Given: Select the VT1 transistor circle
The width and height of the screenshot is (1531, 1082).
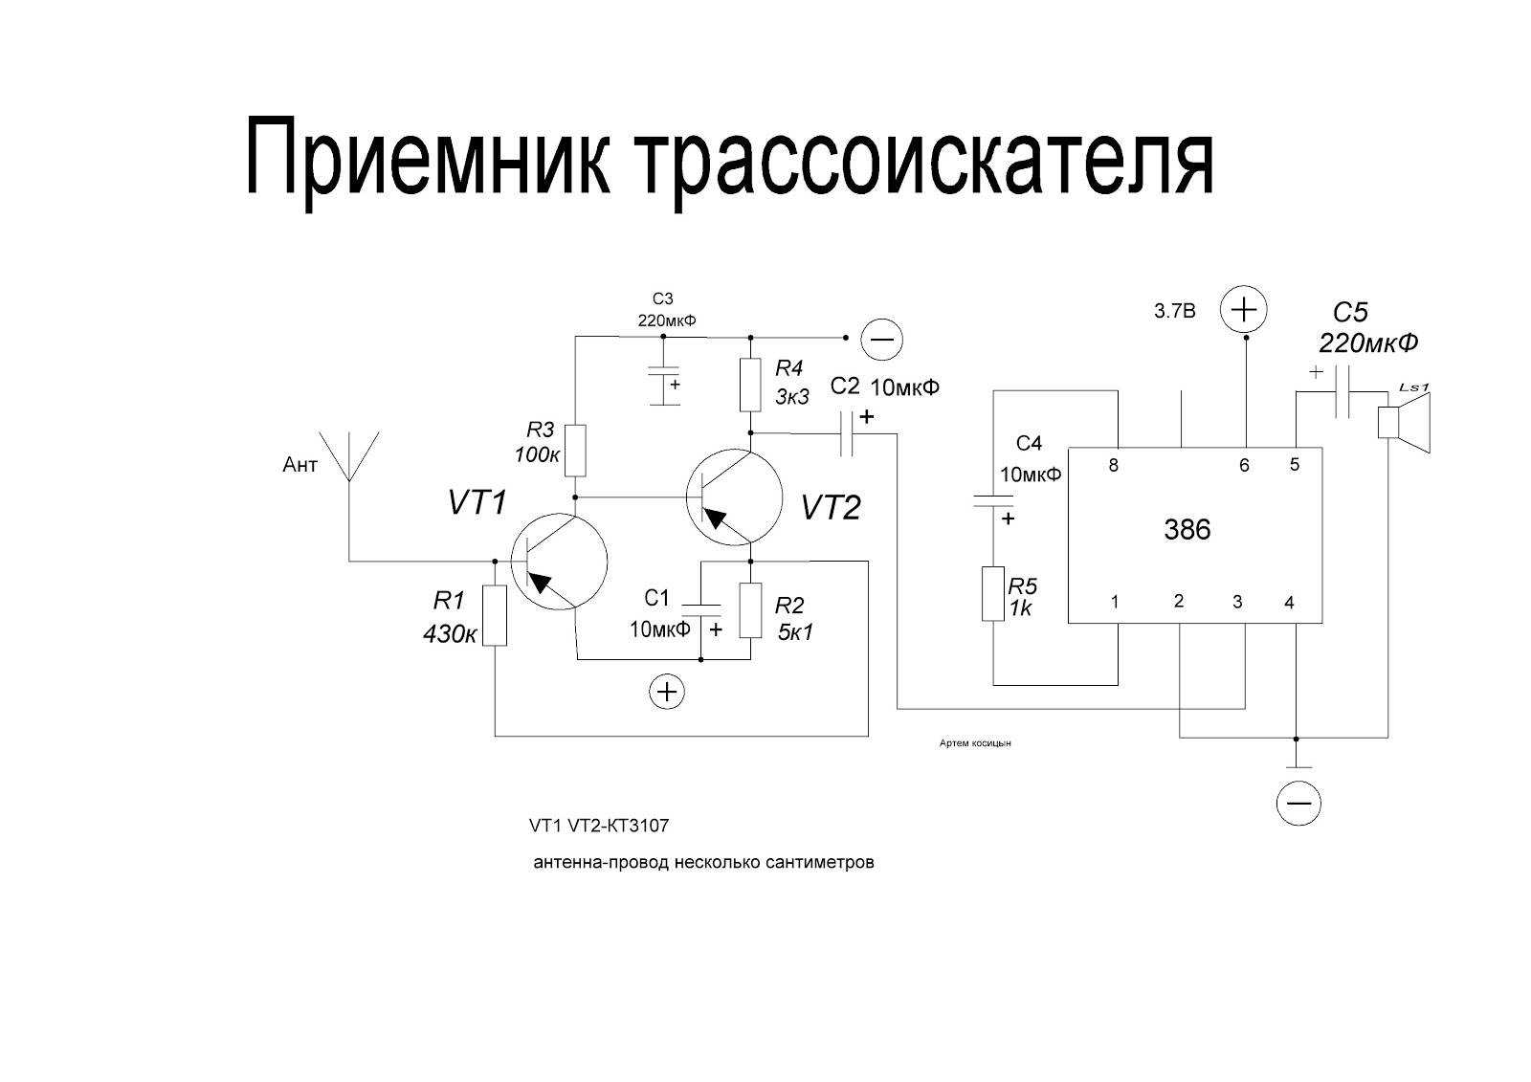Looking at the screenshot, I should (x=559, y=562).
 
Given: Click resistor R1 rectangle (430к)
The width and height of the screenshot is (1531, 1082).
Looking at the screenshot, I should (x=494, y=615).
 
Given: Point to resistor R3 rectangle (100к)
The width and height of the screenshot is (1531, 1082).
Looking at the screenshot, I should (x=574, y=450).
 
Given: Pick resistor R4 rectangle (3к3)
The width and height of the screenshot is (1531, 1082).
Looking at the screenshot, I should (x=750, y=386).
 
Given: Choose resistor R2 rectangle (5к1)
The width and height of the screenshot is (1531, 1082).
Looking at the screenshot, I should (x=750, y=610).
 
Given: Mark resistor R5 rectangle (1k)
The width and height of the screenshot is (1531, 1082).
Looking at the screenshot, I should (x=994, y=594).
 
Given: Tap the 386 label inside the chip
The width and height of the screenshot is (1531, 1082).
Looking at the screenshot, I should (x=1187, y=530).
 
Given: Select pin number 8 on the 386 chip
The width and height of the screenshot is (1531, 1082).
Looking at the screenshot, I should (x=1114, y=466).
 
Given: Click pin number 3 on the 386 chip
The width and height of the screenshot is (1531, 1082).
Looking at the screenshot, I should (x=1237, y=602).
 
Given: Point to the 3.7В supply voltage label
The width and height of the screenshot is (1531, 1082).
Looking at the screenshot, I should (x=1175, y=312).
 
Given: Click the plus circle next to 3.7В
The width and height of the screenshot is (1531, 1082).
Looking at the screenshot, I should (x=1244, y=310).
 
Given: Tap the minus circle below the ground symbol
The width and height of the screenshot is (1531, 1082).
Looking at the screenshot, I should (x=1298, y=803).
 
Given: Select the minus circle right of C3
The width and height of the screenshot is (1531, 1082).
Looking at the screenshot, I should (x=882, y=339).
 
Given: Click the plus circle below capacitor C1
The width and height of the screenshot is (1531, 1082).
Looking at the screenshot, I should (x=667, y=692).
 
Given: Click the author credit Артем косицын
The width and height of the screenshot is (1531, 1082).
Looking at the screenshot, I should (x=976, y=743).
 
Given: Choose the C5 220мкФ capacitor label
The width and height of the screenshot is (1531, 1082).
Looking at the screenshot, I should (x=1366, y=327).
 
